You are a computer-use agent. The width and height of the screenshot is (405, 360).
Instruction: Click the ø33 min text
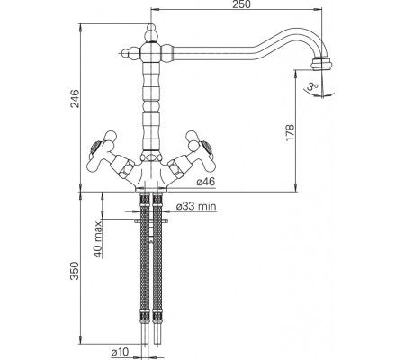pyautogui.click(x=196, y=207)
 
